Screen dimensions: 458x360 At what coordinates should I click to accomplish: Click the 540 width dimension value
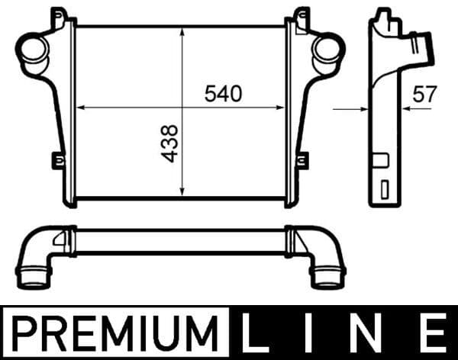(224, 93)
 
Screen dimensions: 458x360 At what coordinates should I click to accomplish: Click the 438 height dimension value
(169, 143)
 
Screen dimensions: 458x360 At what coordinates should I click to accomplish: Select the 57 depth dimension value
(424, 94)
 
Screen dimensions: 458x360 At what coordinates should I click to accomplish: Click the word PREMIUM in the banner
(115, 333)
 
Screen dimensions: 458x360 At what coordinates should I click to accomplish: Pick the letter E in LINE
(435, 333)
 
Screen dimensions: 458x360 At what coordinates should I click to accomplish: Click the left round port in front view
(34, 50)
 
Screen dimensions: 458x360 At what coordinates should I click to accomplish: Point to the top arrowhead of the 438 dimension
(182, 32)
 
